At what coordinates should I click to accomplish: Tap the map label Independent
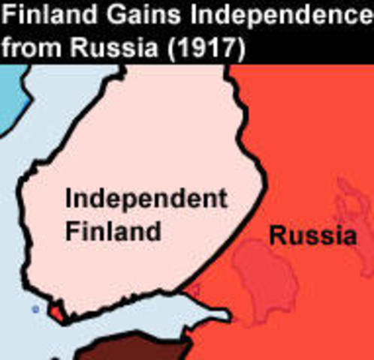pyautogui.click(x=146, y=199)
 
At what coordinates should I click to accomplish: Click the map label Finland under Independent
pyautogui.click(x=113, y=229)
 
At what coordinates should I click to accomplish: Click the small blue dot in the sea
pyautogui.click(x=35, y=308)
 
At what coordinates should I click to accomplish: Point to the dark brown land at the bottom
pyautogui.click(x=128, y=349)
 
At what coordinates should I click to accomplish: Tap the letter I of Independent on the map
pyautogui.click(x=69, y=199)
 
